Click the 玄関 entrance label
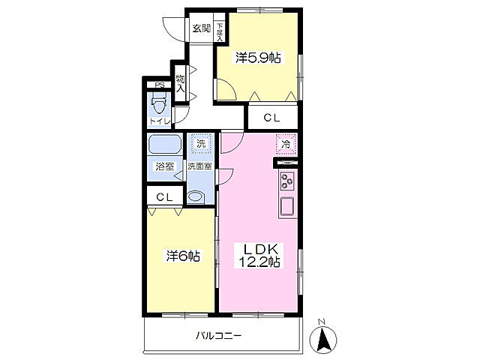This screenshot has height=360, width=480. point(202,28)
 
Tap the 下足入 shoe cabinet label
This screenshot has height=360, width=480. point(220,31)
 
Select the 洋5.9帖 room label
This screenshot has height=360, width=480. point(258,58)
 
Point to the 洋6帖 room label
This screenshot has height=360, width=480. point(183,256)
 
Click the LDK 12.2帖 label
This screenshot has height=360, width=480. point(259,256)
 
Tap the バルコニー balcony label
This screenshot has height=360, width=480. point(218,336)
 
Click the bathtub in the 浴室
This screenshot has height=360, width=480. point(165,144)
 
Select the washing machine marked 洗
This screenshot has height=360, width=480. point(201,143)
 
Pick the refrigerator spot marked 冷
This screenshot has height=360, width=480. point(286,144)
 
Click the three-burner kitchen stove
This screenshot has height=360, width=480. point(287,181)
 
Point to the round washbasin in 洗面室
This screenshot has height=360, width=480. point(195,196)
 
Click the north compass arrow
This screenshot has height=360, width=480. point(322,340)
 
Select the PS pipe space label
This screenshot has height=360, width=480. point(159,85)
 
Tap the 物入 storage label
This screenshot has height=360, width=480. point(180,84)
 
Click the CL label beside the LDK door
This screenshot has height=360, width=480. point(272,118)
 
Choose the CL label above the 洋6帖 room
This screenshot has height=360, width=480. point(165,197)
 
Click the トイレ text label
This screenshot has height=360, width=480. point(159,121)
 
